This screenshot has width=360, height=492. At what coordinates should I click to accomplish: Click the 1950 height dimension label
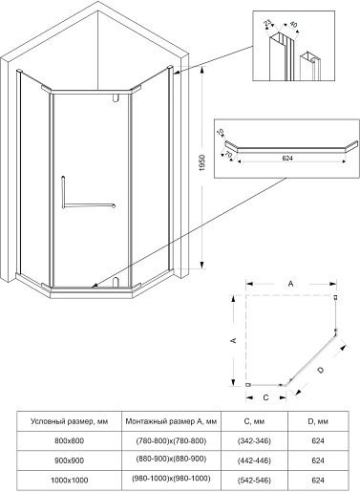pyautogui.click(x=202, y=163)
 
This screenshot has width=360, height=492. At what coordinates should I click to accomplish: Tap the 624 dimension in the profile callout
pyautogui.click(x=287, y=158)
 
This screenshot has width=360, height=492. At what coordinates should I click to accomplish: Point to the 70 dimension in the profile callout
pyautogui.click(x=228, y=155)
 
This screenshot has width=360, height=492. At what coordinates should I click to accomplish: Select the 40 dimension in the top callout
pyautogui.click(x=294, y=25)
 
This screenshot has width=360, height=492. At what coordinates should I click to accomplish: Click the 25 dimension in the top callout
pyautogui.click(x=267, y=23)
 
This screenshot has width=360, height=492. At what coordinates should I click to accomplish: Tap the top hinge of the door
pyautogui.click(x=116, y=98)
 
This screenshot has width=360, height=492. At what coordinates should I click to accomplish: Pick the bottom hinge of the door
pyautogui.click(x=116, y=282)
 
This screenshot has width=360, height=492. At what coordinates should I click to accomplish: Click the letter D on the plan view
pyautogui.click(x=321, y=370)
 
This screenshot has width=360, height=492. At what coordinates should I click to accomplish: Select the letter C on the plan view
pyautogui.click(x=266, y=397)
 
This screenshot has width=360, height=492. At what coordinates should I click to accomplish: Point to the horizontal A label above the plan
pyautogui.click(x=290, y=284)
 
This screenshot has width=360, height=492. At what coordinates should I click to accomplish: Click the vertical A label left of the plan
pyautogui.click(x=233, y=340)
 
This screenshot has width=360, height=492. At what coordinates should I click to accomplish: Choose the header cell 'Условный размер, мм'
pyautogui.click(x=69, y=421)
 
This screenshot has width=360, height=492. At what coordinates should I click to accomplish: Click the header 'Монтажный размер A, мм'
pyautogui.click(x=171, y=421)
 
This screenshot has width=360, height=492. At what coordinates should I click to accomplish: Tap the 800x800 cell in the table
pyautogui.click(x=69, y=441)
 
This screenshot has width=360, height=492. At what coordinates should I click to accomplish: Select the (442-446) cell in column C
pyautogui.click(x=254, y=460)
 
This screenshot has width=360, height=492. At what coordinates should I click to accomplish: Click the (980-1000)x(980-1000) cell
pyautogui.click(x=171, y=479)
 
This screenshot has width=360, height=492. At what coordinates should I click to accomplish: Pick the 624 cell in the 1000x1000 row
pyautogui.click(x=318, y=481)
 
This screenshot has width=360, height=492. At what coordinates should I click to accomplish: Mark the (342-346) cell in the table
pyautogui.click(x=254, y=441)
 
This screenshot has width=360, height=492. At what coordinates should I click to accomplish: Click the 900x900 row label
pyautogui.click(x=69, y=460)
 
